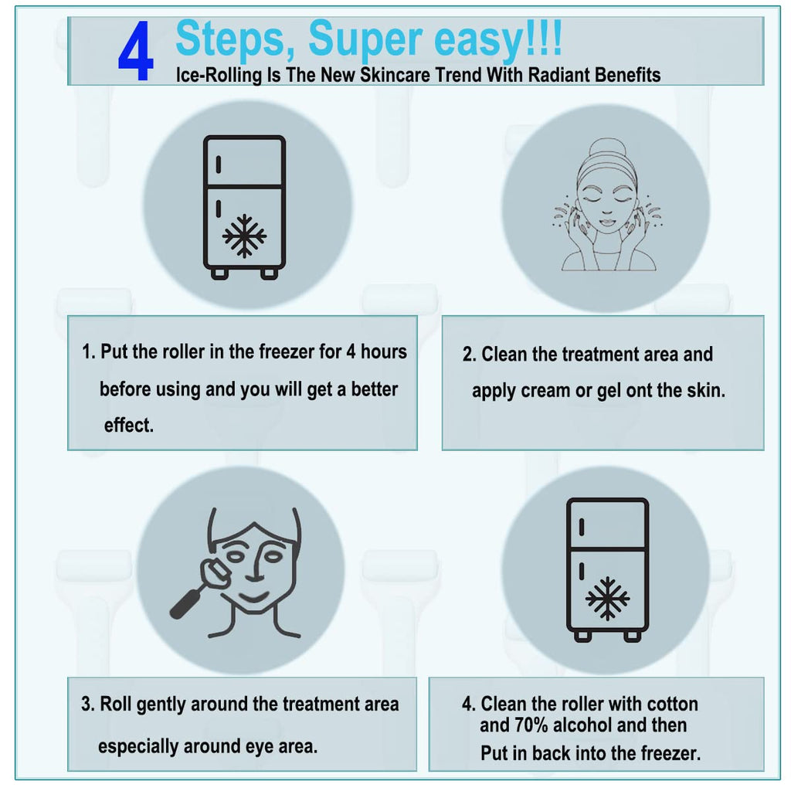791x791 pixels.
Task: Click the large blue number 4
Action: (x=135, y=52)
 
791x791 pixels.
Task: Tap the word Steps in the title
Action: (x=235, y=39)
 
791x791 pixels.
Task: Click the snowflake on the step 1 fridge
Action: (x=245, y=236)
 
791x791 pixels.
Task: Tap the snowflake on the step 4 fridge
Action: (x=607, y=599)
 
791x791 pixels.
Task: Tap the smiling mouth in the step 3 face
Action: (x=253, y=599)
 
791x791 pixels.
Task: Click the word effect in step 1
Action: (x=128, y=426)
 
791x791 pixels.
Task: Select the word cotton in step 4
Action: (x=673, y=704)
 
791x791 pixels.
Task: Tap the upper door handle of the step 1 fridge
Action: (x=219, y=165)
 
